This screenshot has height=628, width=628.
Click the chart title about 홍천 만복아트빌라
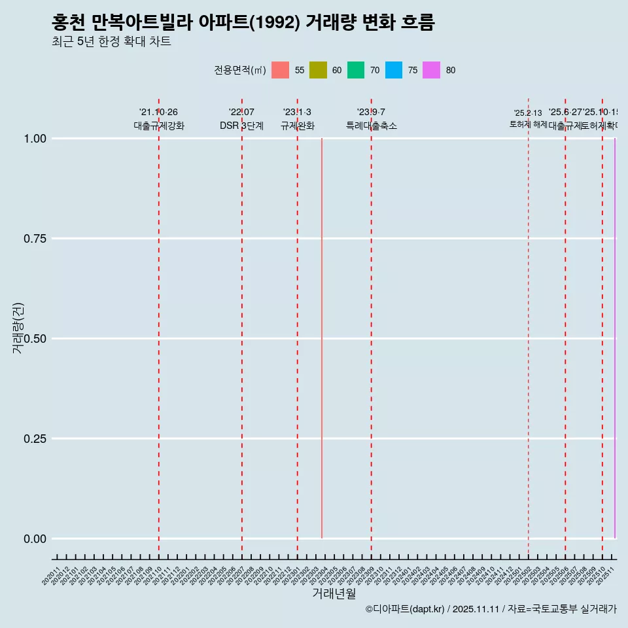coord(243,23)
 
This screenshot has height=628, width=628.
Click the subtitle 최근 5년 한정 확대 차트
coord(111,43)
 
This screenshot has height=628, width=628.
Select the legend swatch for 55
coord(280,70)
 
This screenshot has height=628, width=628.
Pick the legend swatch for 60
coord(318,70)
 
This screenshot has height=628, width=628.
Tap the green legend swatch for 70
coord(356,70)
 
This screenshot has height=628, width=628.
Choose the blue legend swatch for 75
coord(394,70)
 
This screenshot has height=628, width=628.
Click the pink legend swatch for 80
coord(432,70)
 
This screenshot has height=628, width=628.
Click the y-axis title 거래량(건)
coord(18,328)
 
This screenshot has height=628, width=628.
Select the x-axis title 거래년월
coord(334,593)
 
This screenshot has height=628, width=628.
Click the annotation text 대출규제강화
coord(159,126)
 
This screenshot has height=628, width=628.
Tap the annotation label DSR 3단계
coord(241,126)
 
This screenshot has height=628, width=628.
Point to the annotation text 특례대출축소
coord(372,126)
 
